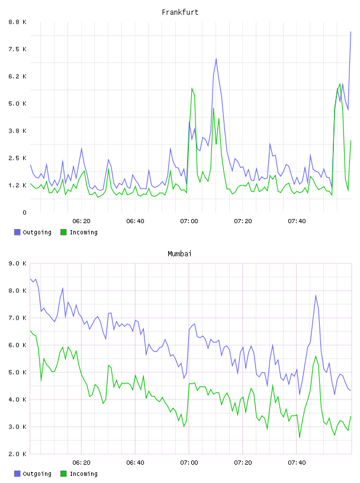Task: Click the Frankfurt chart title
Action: tap(180, 12)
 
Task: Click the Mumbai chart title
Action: tap(179, 254)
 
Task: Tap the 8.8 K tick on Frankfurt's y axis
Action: tap(17, 22)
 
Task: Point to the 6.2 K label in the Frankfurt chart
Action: tap(17, 76)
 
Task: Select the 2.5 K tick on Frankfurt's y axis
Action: tap(17, 158)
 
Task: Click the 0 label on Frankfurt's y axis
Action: tap(25, 212)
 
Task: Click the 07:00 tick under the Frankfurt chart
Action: tap(189, 221)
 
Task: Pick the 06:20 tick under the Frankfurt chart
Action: tap(81, 221)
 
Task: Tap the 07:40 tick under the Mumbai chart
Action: tap(297, 463)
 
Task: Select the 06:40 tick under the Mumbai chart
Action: tap(135, 463)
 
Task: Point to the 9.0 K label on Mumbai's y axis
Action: tap(17, 263)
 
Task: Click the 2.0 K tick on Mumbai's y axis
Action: tap(17, 454)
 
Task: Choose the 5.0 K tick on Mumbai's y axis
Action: tap(17, 372)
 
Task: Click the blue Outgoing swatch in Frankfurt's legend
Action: tap(17, 232)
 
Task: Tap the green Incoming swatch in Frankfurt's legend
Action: tap(63, 232)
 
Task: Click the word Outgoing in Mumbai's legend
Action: tap(37, 474)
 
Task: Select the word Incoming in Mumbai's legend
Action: tap(83, 474)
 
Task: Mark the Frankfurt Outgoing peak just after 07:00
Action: tap(216, 59)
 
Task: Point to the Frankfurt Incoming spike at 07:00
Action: tap(192, 88)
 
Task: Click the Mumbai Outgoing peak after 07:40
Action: tap(316, 296)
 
